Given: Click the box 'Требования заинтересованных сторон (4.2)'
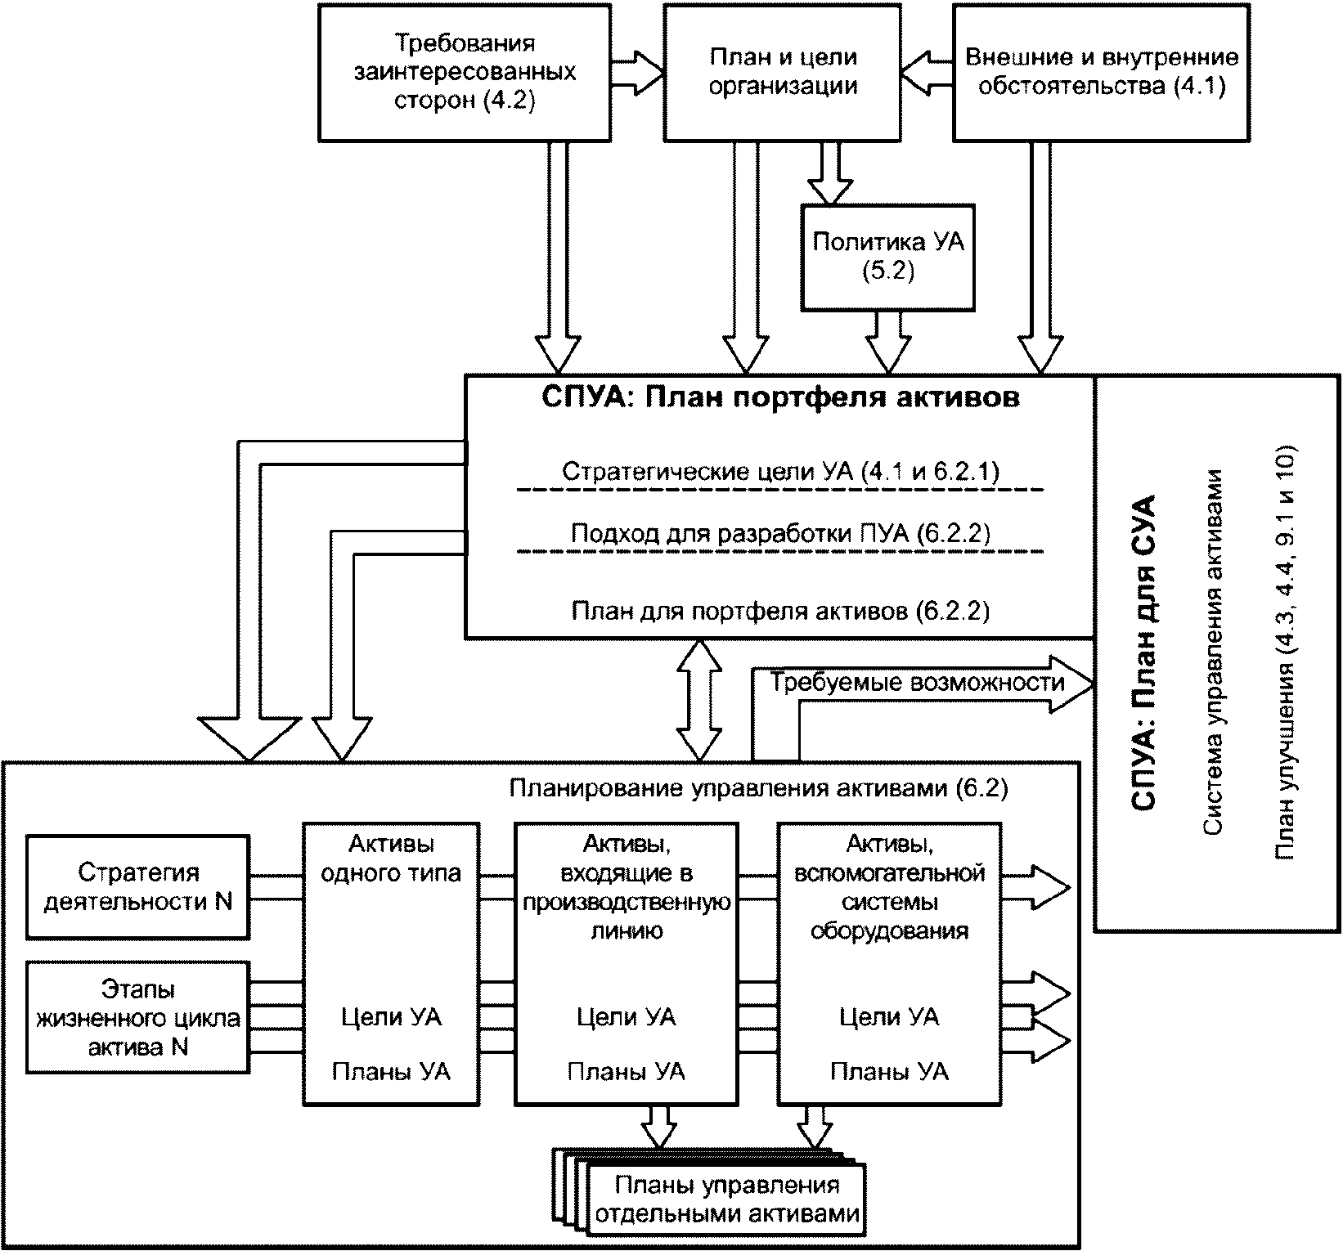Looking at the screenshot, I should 464,72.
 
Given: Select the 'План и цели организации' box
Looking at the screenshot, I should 782,72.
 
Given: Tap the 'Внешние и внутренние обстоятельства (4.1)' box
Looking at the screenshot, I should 1101,72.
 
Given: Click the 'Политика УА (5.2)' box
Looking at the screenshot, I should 888,257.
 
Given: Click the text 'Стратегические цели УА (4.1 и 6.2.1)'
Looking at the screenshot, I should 780,472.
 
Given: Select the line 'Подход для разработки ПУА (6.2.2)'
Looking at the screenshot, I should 780,534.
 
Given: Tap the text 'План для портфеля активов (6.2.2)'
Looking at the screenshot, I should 780,612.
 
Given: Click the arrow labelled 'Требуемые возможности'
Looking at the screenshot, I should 916,682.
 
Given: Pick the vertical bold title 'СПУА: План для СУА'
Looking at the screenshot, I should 1143,652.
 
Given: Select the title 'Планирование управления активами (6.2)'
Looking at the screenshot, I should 758,788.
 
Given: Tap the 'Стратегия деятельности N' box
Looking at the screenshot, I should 137,887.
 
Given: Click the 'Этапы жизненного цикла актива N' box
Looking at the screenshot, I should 137,1018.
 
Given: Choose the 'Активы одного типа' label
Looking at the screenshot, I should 391,859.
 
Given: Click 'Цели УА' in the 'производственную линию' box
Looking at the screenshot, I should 626,1018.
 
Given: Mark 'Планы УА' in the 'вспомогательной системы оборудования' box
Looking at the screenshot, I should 889,1071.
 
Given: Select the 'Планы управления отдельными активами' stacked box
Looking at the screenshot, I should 726,1199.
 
